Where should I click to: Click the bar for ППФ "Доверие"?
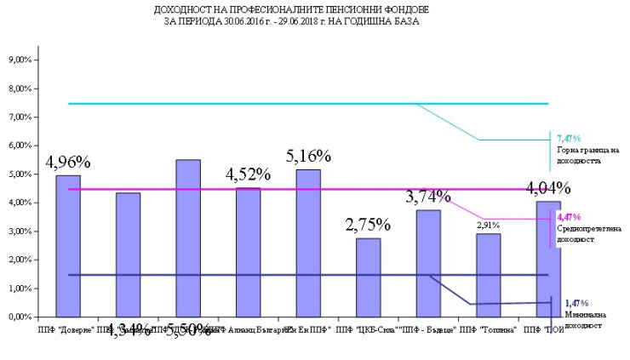coord(68,247)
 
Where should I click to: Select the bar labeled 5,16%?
coord(308,243)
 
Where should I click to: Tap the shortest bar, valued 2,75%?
coord(368,277)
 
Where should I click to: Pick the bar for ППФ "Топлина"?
coord(488,275)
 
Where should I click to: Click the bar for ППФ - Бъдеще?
coord(428,263)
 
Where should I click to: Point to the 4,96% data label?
coord(68,162)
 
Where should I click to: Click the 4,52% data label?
coord(248,174)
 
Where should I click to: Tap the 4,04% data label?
coord(547,188)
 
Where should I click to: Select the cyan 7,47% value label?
coord(568,138)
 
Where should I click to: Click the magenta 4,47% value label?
coord(567,218)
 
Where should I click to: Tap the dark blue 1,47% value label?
coord(576,304)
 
